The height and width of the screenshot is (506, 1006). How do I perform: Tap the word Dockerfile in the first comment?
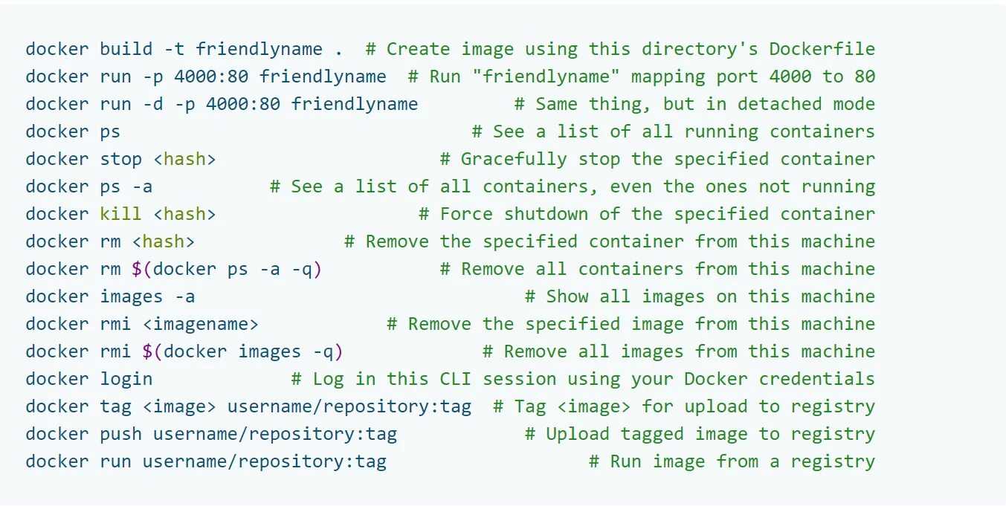pos(822,50)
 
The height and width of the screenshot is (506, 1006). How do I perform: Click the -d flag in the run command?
pos(152,105)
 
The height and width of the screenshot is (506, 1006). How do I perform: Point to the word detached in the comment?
pos(779,105)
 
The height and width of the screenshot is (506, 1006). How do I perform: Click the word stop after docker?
pos(120,160)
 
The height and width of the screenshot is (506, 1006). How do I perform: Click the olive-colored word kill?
pos(120,215)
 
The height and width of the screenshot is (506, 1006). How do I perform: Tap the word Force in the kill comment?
pos(466,215)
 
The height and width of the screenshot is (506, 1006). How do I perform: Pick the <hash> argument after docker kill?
pos(184,215)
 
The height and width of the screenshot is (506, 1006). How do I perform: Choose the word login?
pos(126,380)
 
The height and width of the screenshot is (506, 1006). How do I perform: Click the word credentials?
pos(816,380)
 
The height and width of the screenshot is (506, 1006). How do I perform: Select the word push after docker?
pos(120,435)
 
